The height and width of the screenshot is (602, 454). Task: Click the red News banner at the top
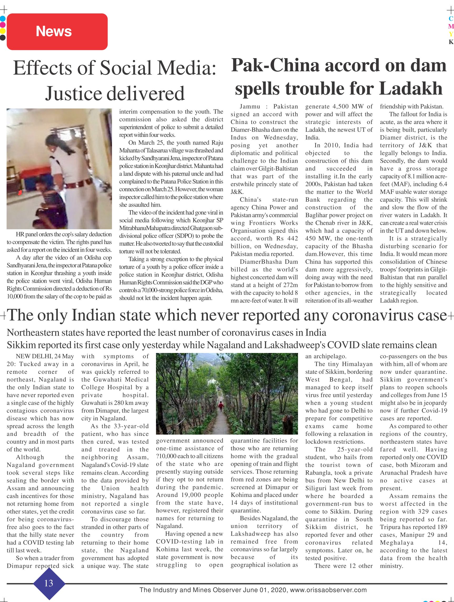(57, 32)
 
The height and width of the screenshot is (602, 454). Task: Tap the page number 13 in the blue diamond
(49, 583)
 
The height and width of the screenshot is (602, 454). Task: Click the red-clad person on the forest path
(220, 407)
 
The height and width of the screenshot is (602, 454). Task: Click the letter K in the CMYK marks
(451, 42)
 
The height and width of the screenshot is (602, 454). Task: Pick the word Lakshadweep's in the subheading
(294, 345)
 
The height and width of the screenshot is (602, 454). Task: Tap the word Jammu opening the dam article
(250, 106)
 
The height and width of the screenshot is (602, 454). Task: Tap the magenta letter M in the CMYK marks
(451, 26)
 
